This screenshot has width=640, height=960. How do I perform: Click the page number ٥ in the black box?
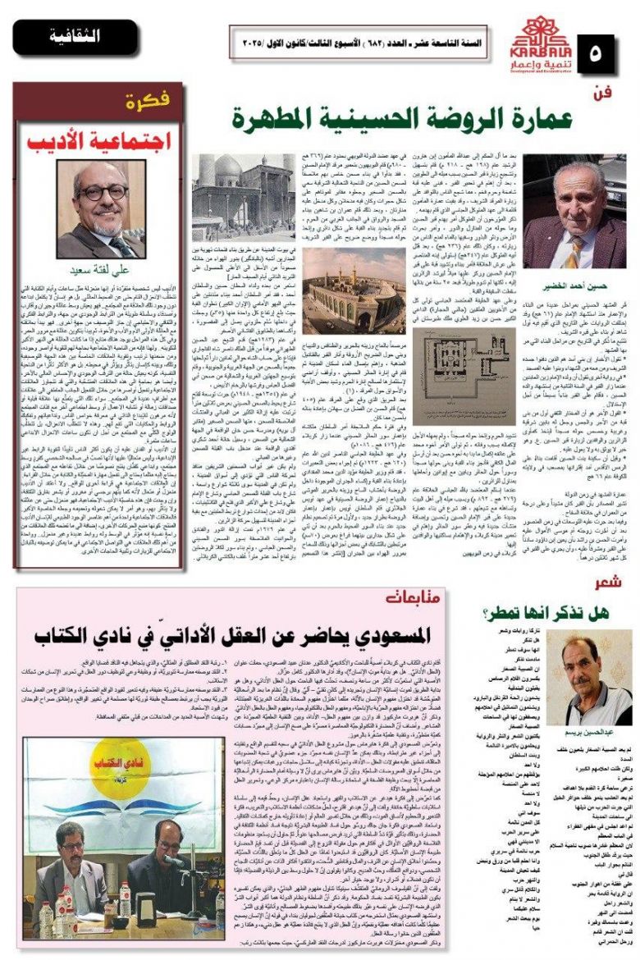pyautogui.click(x=607, y=55)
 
